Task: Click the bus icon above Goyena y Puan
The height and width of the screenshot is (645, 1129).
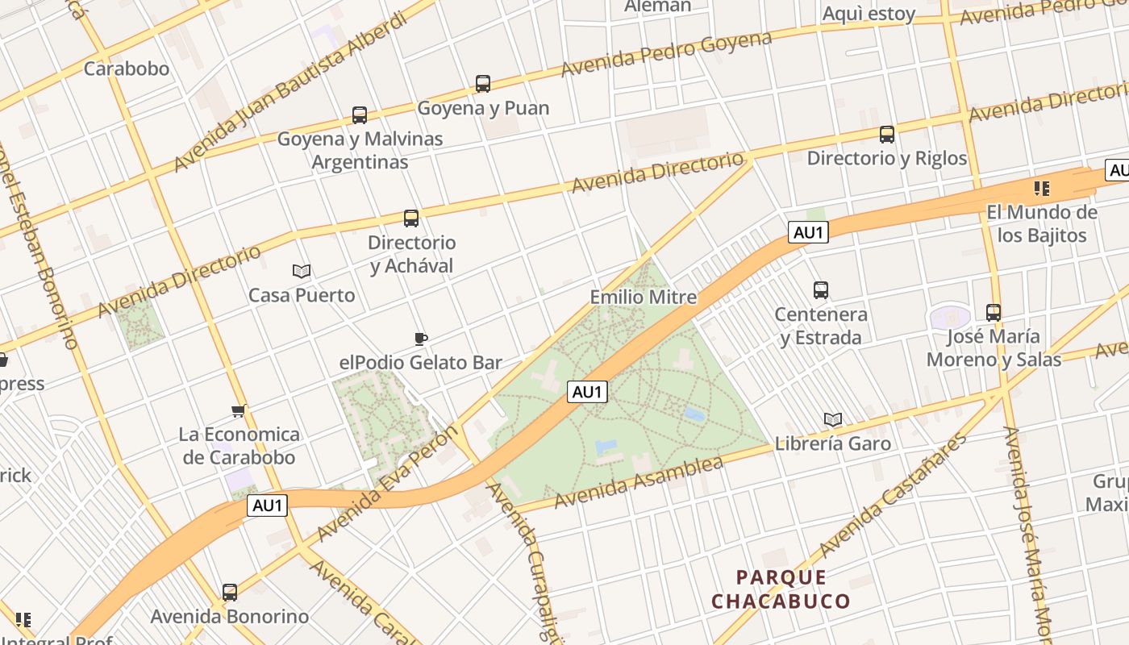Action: coord(483,83)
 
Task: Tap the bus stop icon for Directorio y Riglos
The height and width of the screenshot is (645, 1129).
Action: coord(887,135)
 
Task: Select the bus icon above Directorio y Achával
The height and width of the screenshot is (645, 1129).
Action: coord(411,218)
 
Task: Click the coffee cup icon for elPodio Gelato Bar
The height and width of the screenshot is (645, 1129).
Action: coord(420,339)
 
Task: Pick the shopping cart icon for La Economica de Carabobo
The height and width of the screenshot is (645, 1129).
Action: coord(239,411)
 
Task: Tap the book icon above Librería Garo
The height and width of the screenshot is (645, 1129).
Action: coord(833,419)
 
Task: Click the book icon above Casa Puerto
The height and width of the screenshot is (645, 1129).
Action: coord(302,271)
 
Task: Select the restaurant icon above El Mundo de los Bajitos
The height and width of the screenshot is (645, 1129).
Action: coord(1042,189)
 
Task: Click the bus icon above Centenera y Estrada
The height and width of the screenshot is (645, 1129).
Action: coord(821,290)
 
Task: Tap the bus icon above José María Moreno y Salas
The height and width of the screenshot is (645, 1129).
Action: coord(994,312)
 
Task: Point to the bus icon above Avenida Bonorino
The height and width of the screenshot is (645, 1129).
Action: coord(230,593)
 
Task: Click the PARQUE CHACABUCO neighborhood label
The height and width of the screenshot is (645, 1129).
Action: coord(781,589)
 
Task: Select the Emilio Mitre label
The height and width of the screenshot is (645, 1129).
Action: coord(644,297)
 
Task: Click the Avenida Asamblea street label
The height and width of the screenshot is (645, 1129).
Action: coord(638,482)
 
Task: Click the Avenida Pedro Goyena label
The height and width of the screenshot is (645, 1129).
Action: coord(666,53)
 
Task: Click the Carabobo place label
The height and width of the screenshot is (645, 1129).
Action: coord(127,68)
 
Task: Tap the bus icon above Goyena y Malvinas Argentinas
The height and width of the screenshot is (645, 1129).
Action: coord(360,115)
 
